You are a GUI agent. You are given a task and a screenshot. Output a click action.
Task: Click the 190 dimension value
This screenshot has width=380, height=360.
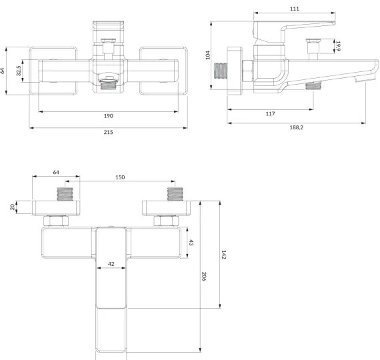[x=108, y=116]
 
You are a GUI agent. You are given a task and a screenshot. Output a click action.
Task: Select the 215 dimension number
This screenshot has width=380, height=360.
[x=108, y=132]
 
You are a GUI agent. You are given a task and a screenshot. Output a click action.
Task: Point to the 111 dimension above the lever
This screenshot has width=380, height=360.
[x=295, y=9]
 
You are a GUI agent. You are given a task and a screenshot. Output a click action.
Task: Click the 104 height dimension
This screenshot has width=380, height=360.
[x=208, y=55]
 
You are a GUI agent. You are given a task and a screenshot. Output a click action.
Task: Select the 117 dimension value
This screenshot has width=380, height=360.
[x=270, y=114]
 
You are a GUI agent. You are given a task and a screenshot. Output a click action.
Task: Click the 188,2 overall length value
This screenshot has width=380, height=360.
[x=297, y=127]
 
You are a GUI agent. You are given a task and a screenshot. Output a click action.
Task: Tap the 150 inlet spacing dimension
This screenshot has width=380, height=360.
[x=120, y=178]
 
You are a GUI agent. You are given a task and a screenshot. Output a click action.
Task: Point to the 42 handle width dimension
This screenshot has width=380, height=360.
[x=111, y=264]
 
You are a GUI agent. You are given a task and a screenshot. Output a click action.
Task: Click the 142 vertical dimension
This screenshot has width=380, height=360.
[x=223, y=255]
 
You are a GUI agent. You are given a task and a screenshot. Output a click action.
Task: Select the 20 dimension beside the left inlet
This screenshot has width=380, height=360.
[x=13, y=207]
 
